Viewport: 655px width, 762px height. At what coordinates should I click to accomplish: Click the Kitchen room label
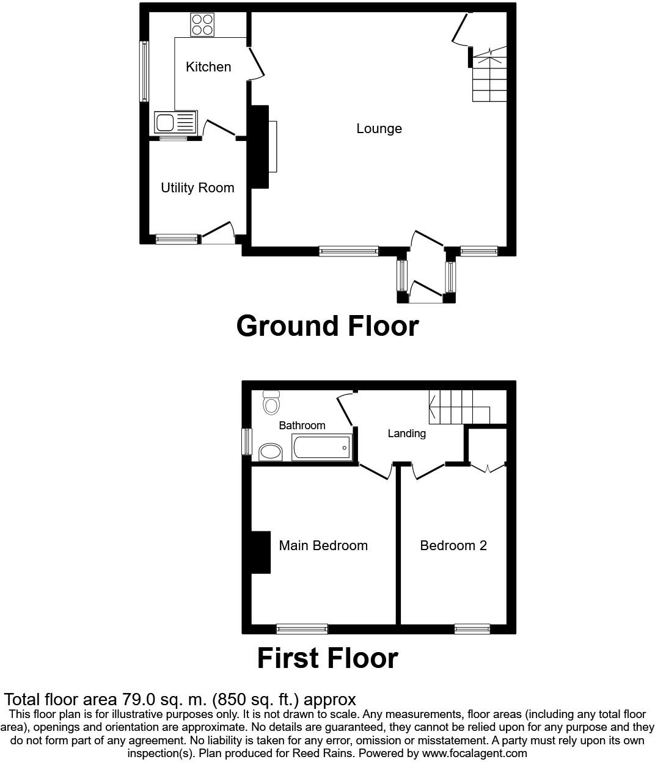coord(208,67)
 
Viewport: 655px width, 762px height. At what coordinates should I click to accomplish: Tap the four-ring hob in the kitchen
coord(202,24)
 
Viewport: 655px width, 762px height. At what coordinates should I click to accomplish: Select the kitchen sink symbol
coord(175,123)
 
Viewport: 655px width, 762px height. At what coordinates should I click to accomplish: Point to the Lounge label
coord(379,129)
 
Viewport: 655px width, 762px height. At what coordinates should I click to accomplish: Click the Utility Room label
coord(197,188)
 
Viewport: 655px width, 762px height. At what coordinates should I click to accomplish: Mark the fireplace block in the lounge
coord(260,147)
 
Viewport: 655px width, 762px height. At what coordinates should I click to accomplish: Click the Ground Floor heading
coord(327,326)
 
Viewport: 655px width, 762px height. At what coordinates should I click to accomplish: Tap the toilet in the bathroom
coord(271,402)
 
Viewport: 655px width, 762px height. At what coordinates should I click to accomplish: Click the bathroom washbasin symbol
coord(271,452)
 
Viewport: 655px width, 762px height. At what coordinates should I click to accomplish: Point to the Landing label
coord(406,434)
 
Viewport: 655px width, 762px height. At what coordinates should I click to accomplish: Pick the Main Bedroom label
coord(323,546)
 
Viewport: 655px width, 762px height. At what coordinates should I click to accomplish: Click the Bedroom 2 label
coord(453,546)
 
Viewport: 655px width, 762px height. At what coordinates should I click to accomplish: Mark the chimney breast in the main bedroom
coord(261,553)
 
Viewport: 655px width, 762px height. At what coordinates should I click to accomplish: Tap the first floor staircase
coord(459,408)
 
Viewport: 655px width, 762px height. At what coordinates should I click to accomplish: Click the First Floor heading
coord(327,658)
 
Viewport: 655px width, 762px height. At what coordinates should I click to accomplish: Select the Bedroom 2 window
coord(472,629)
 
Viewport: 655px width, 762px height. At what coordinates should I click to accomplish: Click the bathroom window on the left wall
coord(247,441)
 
